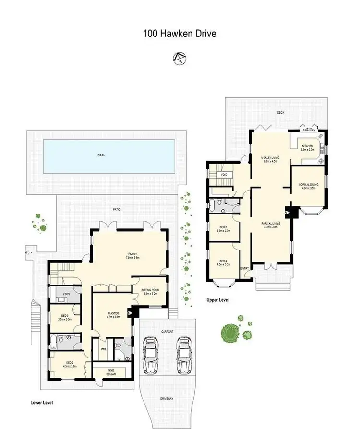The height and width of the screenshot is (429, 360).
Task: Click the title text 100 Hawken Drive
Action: (180, 34)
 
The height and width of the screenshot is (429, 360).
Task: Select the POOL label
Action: (101, 155)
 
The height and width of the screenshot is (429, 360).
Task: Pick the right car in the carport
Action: (184, 355)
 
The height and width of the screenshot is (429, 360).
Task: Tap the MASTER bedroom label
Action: (114, 315)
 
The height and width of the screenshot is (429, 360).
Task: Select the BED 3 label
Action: (64, 317)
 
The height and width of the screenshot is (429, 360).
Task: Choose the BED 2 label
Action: (70, 364)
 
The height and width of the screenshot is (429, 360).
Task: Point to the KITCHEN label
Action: (307, 148)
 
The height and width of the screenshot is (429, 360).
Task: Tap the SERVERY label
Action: (309, 131)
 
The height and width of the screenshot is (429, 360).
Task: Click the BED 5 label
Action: (223, 229)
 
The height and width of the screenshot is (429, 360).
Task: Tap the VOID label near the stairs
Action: (224, 175)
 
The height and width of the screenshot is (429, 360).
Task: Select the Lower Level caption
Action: (41, 402)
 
